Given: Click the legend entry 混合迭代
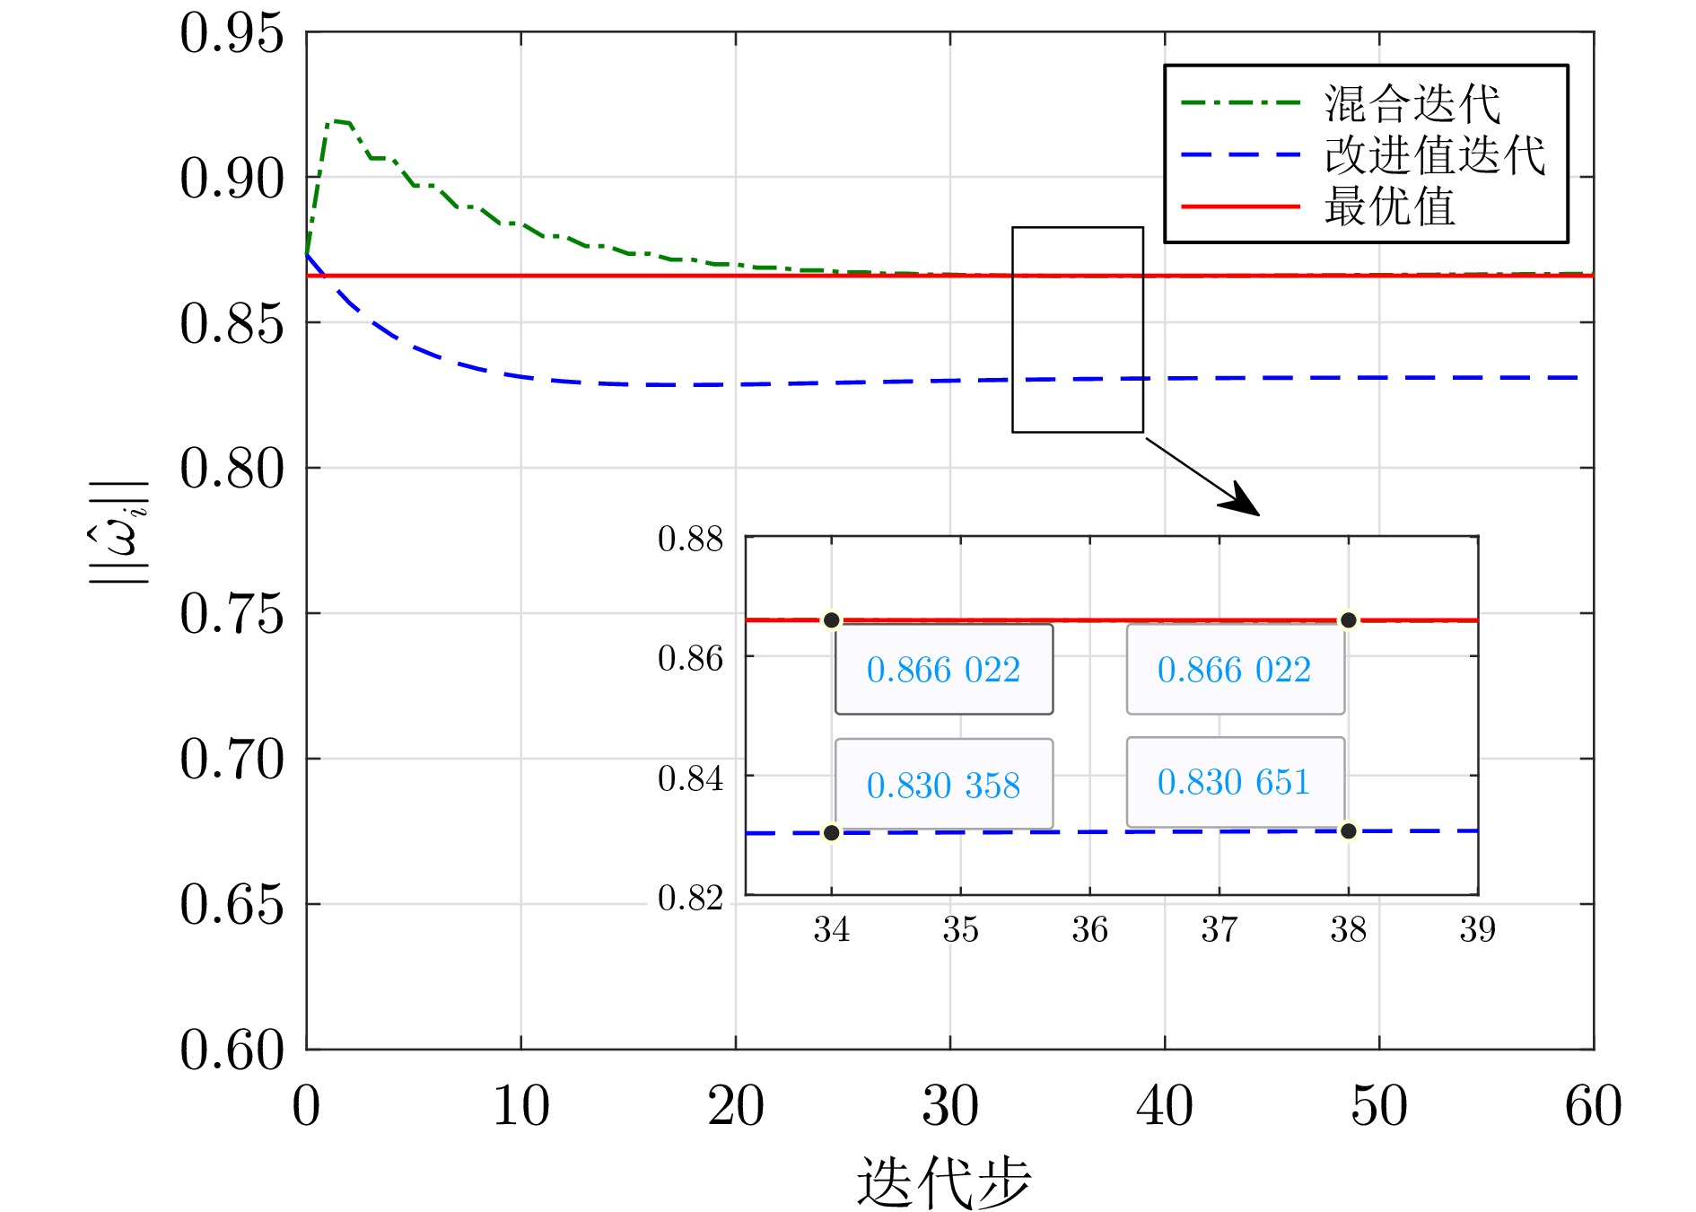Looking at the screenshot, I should [x=1412, y=104].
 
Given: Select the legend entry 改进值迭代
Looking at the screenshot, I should [x=1434, y=155].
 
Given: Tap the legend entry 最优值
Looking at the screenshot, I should [x=1389, y=206].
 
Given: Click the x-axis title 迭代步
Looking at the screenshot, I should [x=943, y=1181].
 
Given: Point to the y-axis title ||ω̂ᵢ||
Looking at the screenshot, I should [x=120, y=533].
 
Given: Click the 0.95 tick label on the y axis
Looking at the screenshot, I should [x=232, y=34].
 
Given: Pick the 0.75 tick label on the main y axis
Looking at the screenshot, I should [x=232, y=615].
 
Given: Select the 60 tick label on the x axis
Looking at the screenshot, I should [x=1593, y=1106].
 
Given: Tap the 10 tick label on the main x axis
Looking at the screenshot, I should [x=520, y=1106].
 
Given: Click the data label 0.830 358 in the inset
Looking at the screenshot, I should [x=943, y=785].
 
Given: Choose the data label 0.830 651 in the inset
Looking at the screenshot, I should [x=1234, y=782].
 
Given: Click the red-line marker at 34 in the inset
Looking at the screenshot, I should [x=832, y=620].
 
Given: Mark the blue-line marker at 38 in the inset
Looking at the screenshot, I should [x=1348, y=831].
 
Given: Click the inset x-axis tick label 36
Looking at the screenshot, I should [x=1089, y=930].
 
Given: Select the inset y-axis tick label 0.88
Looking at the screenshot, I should [x=690, y=539].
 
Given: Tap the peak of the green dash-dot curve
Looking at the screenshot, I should [x=336, y=121].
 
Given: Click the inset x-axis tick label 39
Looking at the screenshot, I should [x=1477, y=930].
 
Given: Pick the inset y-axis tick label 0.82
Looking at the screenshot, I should [x=690, y=898].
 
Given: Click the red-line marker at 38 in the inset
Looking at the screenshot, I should [x=1348, y=620].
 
